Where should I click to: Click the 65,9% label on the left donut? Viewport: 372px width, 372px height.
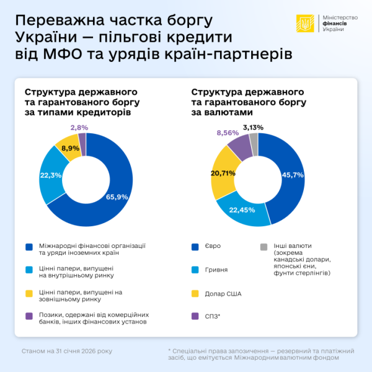[x=118, y=197]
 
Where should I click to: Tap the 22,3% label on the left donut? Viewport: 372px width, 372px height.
[x=50, y=175]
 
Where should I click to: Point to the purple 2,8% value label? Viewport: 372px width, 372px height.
[x=79, y=127]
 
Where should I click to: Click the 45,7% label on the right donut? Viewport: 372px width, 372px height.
[x=292, y=175]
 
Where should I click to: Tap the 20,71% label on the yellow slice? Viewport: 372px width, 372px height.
[x=223, y=173]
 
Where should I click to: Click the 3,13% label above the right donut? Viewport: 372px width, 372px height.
[x=253, y=127]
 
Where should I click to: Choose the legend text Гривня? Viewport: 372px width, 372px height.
[x=216, y=270]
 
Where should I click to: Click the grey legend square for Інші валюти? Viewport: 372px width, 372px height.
[x=264, y=247]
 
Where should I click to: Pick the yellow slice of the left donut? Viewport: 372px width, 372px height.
[x=66, y=149]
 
